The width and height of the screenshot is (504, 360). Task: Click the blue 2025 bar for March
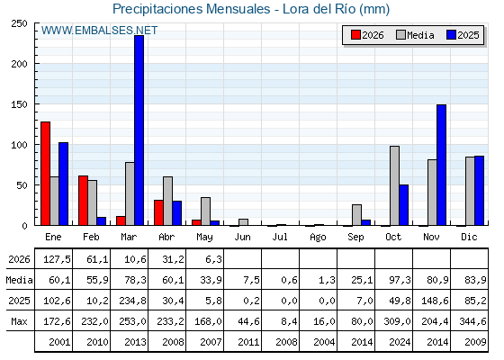pos(139,130)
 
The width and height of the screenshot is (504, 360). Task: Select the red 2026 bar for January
pos(45,174)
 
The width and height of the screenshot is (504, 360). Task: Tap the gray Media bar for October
pos(395,185)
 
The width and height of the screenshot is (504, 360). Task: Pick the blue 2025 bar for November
pos(441,165)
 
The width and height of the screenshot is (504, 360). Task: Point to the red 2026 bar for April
pos(158,212)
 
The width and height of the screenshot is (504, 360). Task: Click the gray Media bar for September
pos(356,215)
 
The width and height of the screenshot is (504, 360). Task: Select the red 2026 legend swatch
pos(355,35)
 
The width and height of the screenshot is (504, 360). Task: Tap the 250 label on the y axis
pos(19,23)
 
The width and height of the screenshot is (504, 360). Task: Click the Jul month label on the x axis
pos(280,238)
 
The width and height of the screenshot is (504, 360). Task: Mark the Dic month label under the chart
pos(469,238)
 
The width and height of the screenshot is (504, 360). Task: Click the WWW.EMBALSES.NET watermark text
pos(99,31)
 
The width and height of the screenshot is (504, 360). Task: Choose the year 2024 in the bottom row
pos(400,342)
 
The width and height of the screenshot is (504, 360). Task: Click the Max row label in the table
pos(19,321)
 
